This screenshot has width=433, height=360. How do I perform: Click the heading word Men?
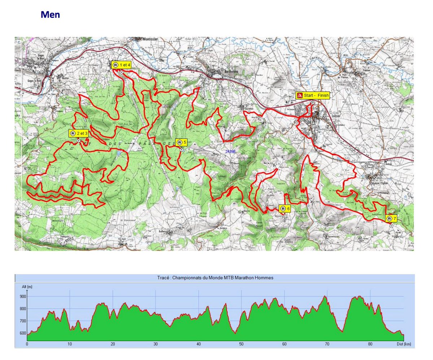[50, 15]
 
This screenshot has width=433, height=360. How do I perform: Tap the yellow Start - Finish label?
[313, 95]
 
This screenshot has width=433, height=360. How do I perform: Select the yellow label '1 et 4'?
[121, 65]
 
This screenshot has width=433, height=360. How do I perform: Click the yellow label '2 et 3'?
[79, 133]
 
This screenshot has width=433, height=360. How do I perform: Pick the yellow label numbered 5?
[181, 142]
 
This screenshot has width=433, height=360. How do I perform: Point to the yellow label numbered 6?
[284, 209]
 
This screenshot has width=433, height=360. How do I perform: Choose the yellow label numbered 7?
[391, 219]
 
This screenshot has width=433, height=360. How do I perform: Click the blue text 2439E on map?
[230, 151]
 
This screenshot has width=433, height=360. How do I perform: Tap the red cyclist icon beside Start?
[299, 96]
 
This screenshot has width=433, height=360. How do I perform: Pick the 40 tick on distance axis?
[198, 344]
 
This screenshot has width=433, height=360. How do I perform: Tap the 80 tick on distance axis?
[370, 344]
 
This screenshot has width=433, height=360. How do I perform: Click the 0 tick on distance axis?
[27, 344]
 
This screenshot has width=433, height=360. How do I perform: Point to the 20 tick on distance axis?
[113, 344]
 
